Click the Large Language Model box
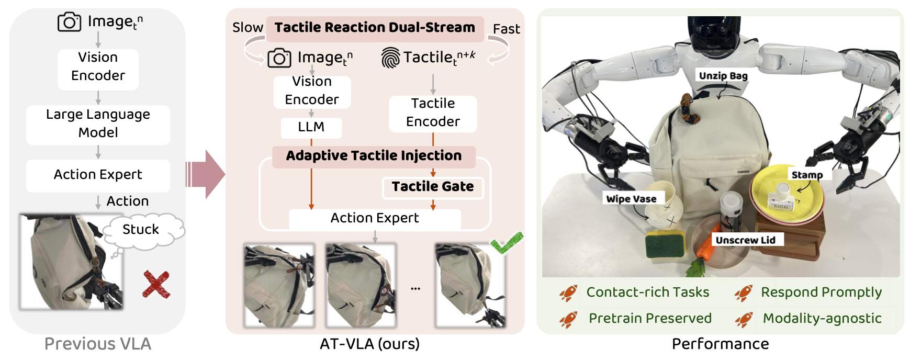98,124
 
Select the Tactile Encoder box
433,113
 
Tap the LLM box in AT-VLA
311,127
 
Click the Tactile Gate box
433,187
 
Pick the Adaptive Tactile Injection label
374,156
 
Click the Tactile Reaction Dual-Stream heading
375,28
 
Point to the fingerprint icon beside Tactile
390,58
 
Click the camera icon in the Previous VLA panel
69,22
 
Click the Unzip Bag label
723,76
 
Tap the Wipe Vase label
631,199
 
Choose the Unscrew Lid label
745,240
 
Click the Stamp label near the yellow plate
807,175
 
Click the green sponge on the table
665,245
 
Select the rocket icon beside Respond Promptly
744,293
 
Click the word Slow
248,28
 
